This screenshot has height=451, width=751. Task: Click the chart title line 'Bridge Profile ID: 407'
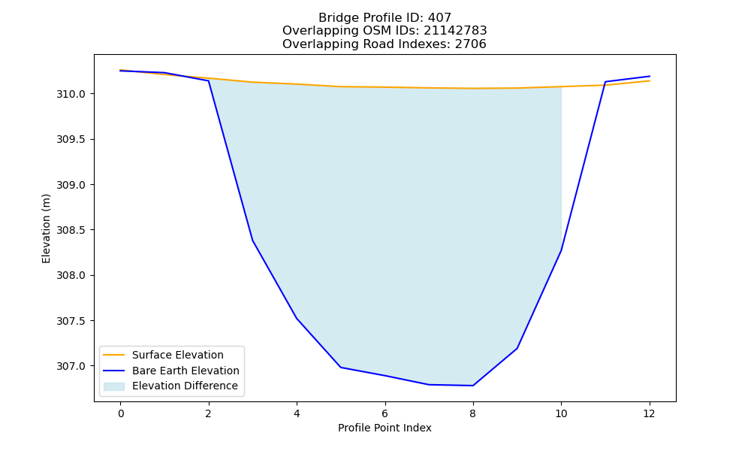(385, 18)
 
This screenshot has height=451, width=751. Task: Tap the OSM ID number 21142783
(455, 31)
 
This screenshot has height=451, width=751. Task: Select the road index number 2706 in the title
(470, 44)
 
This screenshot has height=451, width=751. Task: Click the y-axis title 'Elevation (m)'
(46, 229)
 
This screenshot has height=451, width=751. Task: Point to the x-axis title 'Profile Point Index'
(385, 428)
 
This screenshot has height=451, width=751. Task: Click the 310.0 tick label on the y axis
(71, 94)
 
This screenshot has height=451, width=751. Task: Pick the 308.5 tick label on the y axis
(71, 230)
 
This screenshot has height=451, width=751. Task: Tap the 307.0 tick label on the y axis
(71, 366)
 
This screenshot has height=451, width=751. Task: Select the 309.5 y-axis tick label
(71, 140)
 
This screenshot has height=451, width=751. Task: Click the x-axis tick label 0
(121, 413)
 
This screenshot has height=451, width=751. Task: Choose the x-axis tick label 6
(385, 413)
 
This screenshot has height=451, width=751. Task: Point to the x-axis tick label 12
(649, 413)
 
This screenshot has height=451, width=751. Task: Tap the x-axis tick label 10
(561, 413)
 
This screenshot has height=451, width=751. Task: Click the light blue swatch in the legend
(114, 386)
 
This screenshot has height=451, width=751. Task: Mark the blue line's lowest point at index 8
(472, 386)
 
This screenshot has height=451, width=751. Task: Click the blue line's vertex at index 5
(340, 367)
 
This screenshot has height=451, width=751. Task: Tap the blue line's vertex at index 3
(252, 240)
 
